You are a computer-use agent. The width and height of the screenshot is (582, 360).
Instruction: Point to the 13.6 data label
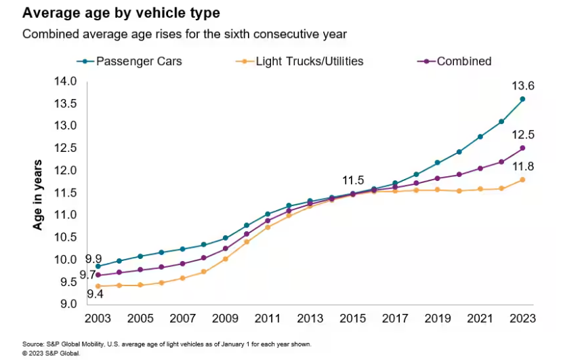pyautogui.click(x=522, y=86)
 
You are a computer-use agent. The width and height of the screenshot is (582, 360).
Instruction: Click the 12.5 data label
pyautogui.click(x=522, y=134)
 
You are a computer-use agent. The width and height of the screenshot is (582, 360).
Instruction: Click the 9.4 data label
pyautogui.click(x=94, y=294)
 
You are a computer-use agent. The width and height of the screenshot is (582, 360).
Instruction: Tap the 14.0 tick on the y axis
pyautogui.click(x=66, y=81)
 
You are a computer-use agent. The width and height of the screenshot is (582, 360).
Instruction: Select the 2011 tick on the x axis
pyautogui.click(x=267, y=318)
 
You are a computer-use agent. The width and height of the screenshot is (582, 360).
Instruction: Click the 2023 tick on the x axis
pyautogui.click(x=522, y=318)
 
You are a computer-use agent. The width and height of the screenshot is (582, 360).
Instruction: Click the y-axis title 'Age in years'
pyautogui.click(x=39, y=194)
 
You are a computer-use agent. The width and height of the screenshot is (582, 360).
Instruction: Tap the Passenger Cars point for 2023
pyautogui.click(x=522, y=99)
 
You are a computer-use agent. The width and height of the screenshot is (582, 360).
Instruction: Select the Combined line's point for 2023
pyautogui.click(x=522, y=148)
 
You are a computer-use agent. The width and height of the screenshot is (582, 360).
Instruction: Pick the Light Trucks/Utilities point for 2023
pyautogui.click(x=522, y=180)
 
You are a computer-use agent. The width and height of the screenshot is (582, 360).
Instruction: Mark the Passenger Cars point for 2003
pyautogui.click(x=98, y=266)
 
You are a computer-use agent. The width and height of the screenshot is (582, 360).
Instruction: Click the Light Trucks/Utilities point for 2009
pyautogui.click(x=226, y=259)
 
